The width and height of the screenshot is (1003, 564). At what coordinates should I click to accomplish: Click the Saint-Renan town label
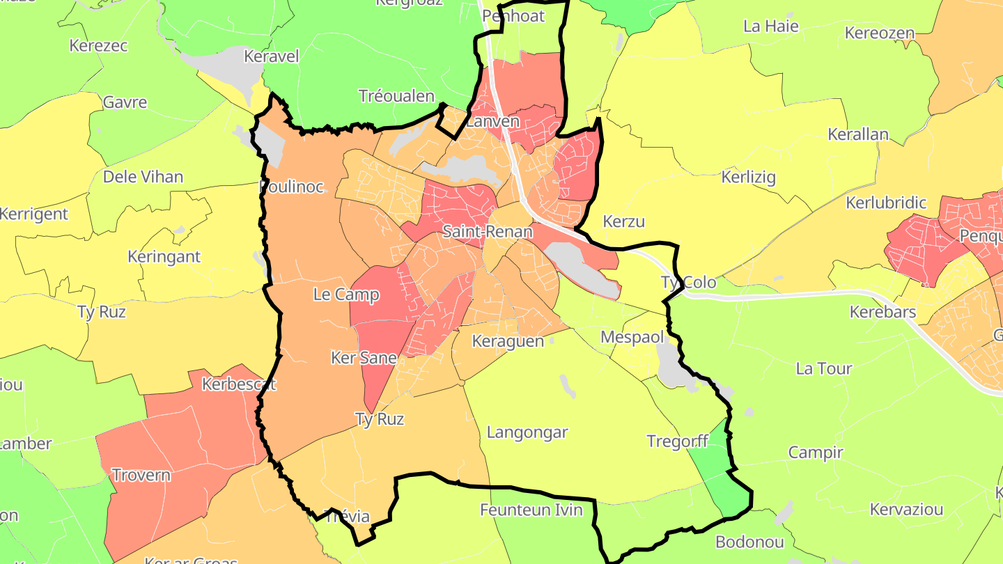[487, 232]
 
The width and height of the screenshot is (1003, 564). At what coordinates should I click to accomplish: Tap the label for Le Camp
[346, 295]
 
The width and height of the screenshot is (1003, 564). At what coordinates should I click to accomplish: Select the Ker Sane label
[364, 359]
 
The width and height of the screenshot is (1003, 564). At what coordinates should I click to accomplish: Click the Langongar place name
[527, 432]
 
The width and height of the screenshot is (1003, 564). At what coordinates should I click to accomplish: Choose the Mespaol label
[629, 338]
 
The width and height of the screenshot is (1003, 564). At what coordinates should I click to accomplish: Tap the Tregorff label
[677, 441]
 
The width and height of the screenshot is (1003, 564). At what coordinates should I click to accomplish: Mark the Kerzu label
[623, 222]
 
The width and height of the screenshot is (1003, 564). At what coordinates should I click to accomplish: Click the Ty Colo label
[688, 283]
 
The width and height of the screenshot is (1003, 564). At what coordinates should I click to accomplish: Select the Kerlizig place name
[749, 177]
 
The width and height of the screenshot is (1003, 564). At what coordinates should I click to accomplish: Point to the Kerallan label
[858, 134]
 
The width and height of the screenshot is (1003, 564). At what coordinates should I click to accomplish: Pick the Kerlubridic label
[886, 203]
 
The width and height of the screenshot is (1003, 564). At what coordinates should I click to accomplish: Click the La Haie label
[771, 26]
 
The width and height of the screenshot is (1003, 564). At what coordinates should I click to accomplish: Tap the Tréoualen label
[396, 96]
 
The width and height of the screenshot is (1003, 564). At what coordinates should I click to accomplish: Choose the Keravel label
[271, 56]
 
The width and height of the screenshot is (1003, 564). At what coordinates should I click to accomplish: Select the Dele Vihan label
[143, 177]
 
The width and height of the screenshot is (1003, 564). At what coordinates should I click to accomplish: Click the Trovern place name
[141, 476]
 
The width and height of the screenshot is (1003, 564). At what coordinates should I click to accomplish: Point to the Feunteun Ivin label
[531, 510]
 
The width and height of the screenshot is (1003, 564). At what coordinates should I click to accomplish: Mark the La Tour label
[824, 368]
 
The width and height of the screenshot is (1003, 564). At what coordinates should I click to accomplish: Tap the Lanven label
[492, 121]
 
